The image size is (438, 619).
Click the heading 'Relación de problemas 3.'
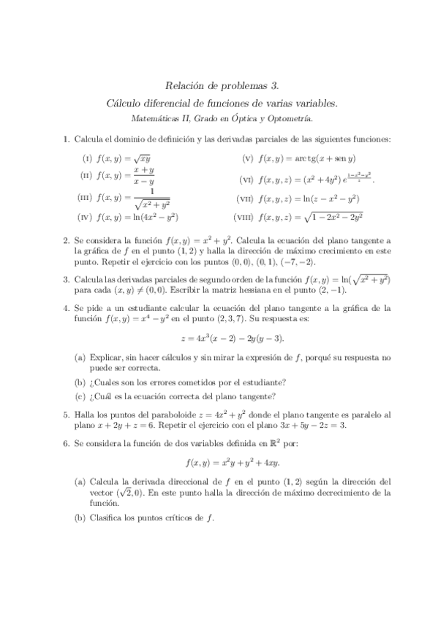pos(218,85)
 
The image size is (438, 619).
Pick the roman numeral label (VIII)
pos(243,217)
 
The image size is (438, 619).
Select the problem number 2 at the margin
pos(66,240)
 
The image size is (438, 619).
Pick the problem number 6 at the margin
pos(66,442)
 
